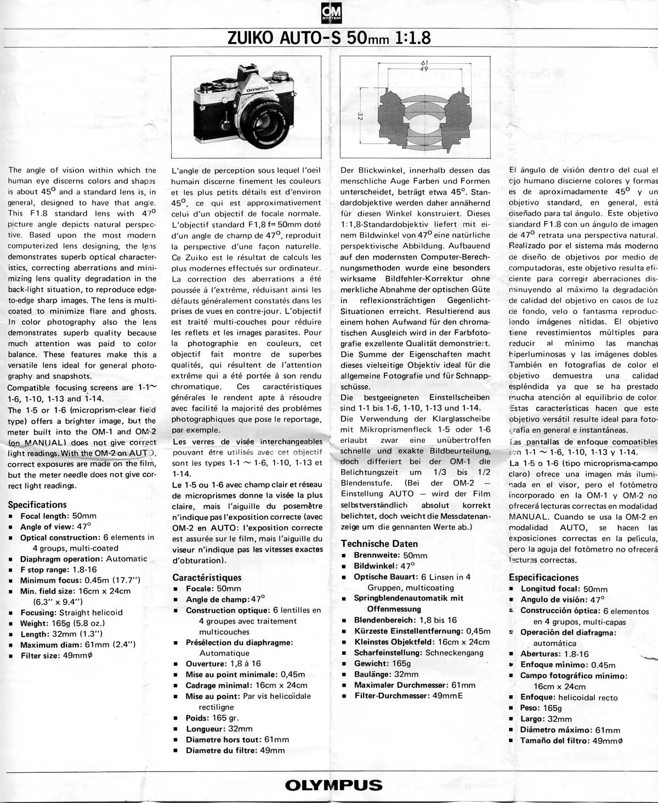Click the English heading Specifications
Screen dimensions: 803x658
pos(37,504)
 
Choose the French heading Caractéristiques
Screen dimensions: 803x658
pos(207,577)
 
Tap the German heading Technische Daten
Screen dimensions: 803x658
pos(379,544)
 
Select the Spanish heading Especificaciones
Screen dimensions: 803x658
pos(543,577)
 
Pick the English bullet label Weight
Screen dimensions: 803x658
pos(33,623)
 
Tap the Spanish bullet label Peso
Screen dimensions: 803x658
pos(530,708)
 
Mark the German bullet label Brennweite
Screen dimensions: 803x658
pos(376,555)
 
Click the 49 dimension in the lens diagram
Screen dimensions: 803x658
pos(423,70)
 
